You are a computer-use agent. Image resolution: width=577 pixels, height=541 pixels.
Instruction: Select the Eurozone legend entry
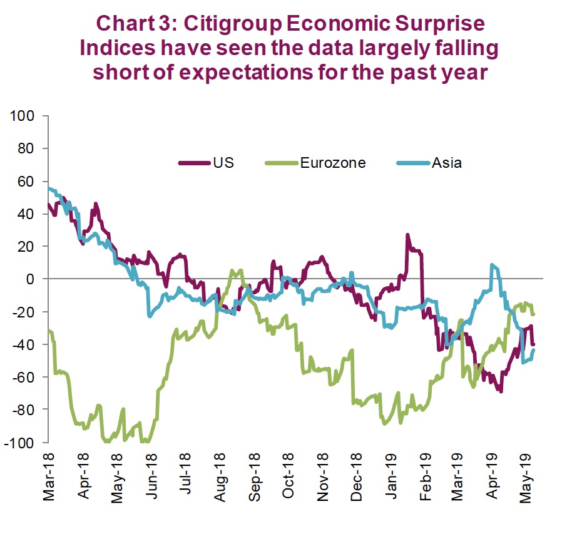pyautogui.click(x=332, y=163)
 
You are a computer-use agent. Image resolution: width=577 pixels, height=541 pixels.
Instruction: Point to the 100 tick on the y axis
pyautogui.click(x=29, y=116)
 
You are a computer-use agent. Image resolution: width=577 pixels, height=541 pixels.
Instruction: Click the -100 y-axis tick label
pyautogui.click(x=26, y=443)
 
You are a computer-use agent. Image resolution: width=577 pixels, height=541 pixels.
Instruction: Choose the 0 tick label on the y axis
pyautogui.click(x=36, y=279)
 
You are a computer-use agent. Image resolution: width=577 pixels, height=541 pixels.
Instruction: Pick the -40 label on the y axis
pyautogui.click(x=29, y=344)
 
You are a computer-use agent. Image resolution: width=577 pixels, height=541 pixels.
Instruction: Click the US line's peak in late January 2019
pyautogui.click(x=407, y=235)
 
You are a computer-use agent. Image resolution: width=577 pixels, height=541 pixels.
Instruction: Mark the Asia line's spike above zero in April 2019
pyautogui.click(x=493, y=265)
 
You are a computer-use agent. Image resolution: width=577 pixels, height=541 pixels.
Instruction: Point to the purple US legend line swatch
pyautogui.click(x=193, y=163)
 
